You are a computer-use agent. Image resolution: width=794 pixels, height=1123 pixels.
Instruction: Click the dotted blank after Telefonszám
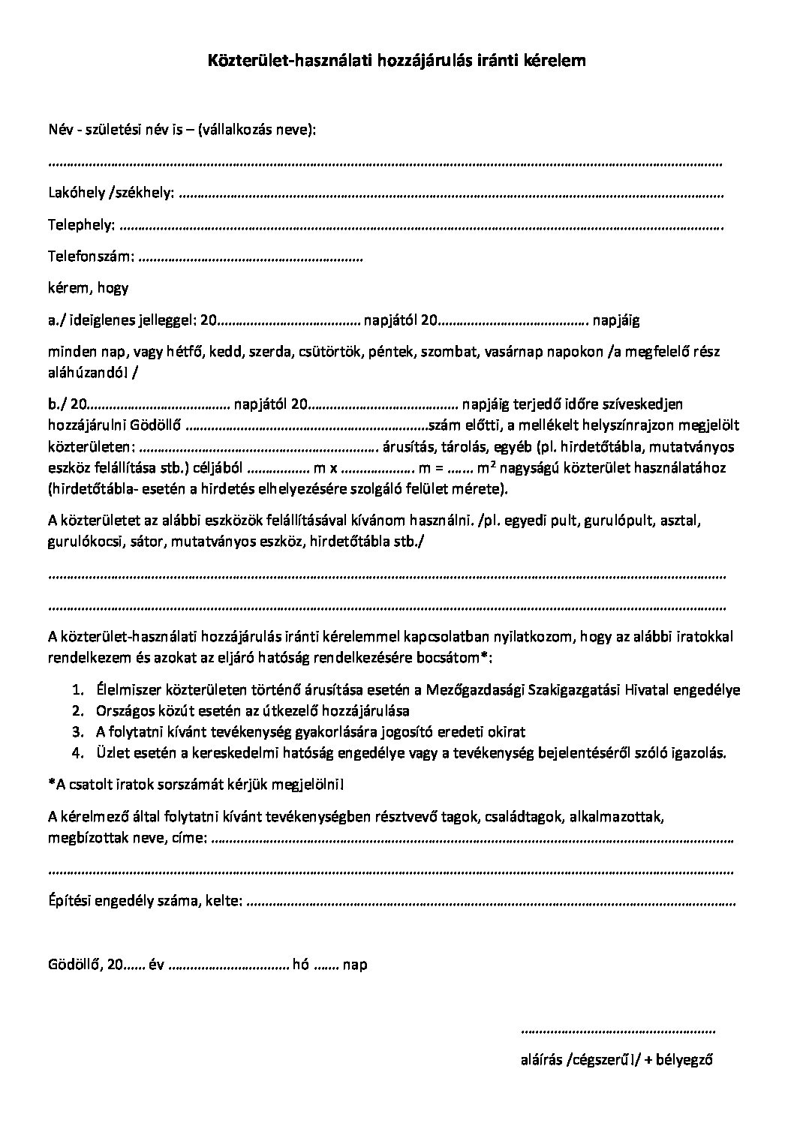251,259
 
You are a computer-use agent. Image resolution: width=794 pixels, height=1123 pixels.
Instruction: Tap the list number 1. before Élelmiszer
77,689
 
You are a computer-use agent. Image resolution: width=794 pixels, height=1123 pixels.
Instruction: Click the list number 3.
77,731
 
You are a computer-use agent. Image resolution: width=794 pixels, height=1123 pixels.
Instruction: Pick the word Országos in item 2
124,710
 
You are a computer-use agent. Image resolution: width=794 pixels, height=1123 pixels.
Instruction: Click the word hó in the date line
301,965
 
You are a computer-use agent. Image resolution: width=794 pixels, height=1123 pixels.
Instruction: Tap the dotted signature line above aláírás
617,1031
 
